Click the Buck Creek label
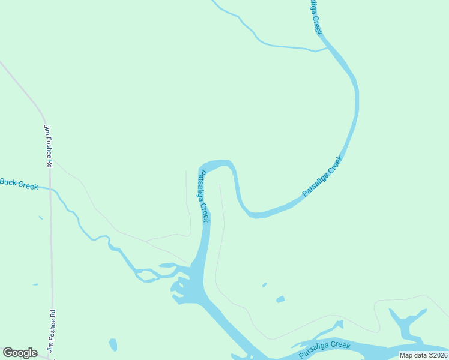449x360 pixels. [x=19, y=184]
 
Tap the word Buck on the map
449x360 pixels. [x=8, y=182]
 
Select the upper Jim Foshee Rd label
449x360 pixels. [x=48, y=146]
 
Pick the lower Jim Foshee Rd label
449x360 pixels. [x=51, y=330]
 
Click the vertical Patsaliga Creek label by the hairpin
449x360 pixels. [x=204, y=196]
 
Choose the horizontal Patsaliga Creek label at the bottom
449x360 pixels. [x=325, y=349]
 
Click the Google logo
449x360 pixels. [x=20, y=353]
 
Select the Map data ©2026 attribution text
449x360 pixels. [x=423, y=355]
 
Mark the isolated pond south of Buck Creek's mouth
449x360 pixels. [x=113, y=345]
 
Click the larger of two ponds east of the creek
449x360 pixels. [x=280, y=299]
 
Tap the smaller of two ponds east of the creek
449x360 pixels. [x=264, y=285]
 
